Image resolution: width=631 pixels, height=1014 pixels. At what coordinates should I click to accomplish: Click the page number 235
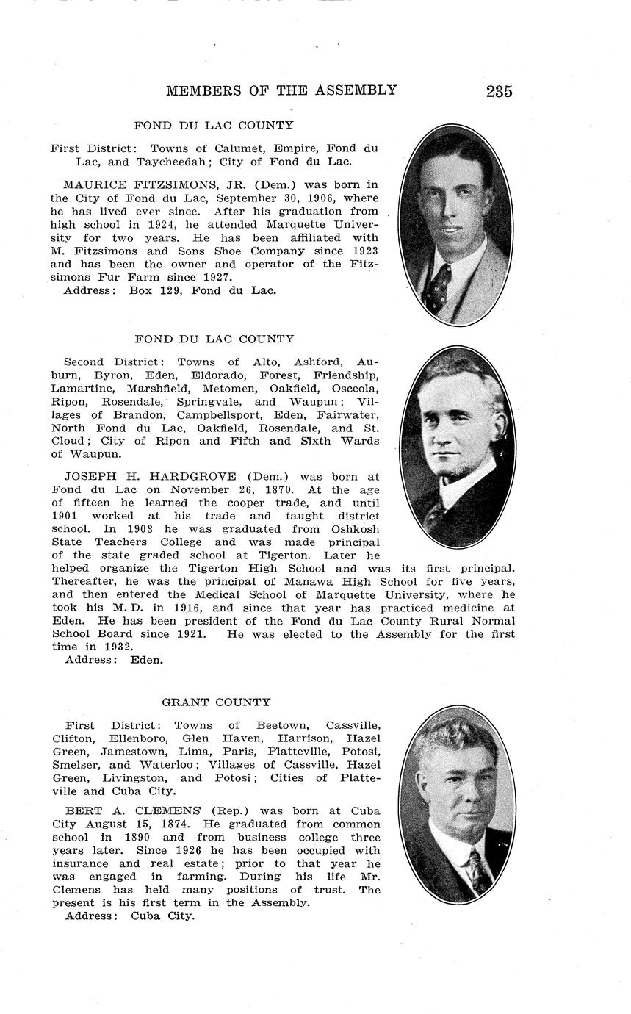point(499,92)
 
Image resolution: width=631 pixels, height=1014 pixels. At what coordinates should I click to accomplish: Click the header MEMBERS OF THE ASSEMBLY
point(281,90)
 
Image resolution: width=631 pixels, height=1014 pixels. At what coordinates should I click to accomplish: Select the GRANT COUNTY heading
point(216,702)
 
